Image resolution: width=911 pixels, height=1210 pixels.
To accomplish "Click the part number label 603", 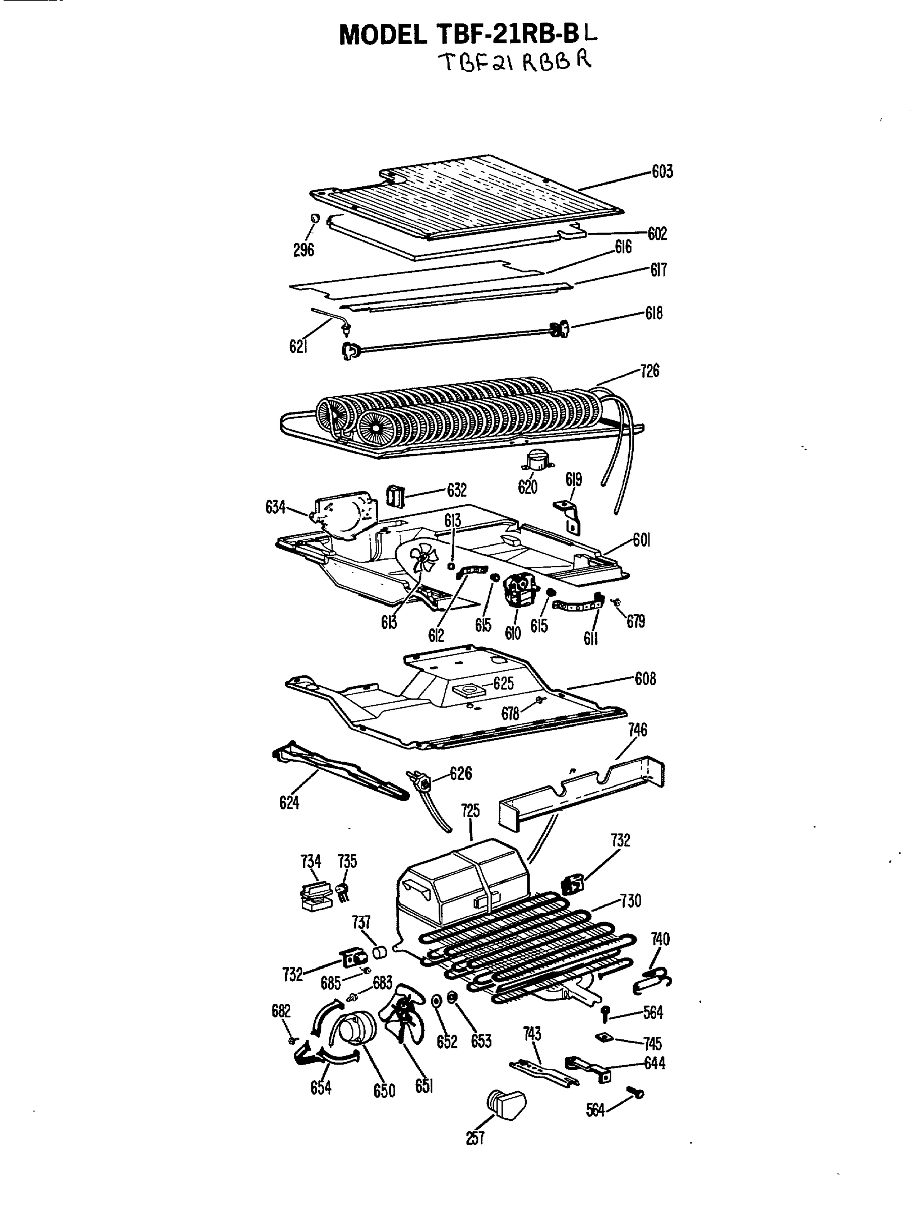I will coord(661,172).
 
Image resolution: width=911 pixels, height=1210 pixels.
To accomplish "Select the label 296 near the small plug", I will coord(303,250).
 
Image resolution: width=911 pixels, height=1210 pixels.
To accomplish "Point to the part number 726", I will coord(649,371).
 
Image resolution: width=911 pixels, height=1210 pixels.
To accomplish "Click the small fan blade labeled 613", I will coord(423,558).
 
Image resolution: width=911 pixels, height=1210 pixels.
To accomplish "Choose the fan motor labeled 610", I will coord(520,590).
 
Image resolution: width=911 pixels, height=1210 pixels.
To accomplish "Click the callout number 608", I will coord(645,679).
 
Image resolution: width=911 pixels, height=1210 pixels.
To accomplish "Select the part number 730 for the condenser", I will coord(630,901).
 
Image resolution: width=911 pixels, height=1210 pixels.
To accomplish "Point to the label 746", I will coord(637,730).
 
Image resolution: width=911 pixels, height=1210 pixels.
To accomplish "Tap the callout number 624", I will coord(289,803).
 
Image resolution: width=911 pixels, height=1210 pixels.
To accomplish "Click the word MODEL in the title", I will coord(383,36).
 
